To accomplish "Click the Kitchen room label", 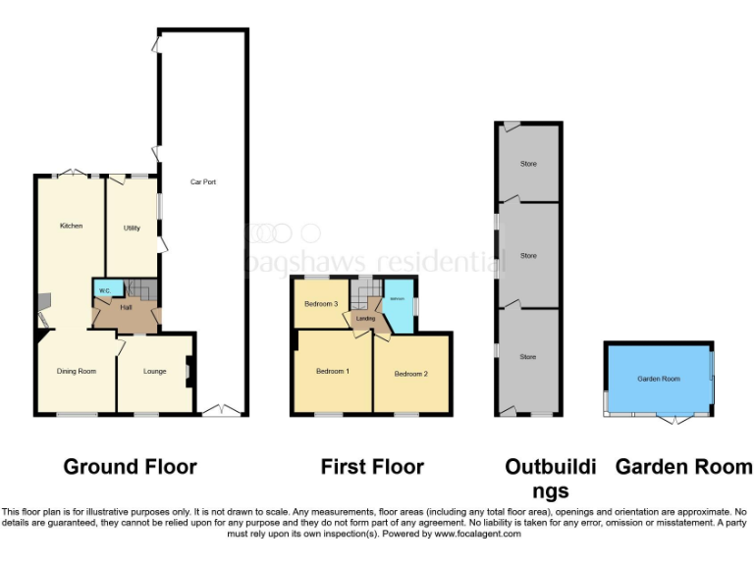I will click(71, 226).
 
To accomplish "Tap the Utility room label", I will click(132, 228).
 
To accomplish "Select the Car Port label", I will click(203, 182).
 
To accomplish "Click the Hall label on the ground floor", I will click(126, 308).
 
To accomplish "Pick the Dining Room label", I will click(76, 371).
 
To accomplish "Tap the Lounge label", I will click(154, 371).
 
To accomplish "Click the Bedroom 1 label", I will click(332, 371).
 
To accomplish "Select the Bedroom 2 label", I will click(410, 374).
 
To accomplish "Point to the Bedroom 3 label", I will click(321, 304).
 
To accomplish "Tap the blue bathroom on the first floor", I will click(398, 309).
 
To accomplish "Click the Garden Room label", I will click(658, 379).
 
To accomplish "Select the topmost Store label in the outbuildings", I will click(528, 164).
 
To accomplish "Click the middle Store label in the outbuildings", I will click(528, 256).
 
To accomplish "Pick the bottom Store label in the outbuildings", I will click(528, 357).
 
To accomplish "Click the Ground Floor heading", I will click(130, 467).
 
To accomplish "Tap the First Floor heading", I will click(372, 467).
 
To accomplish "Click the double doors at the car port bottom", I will click(224, 409).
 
